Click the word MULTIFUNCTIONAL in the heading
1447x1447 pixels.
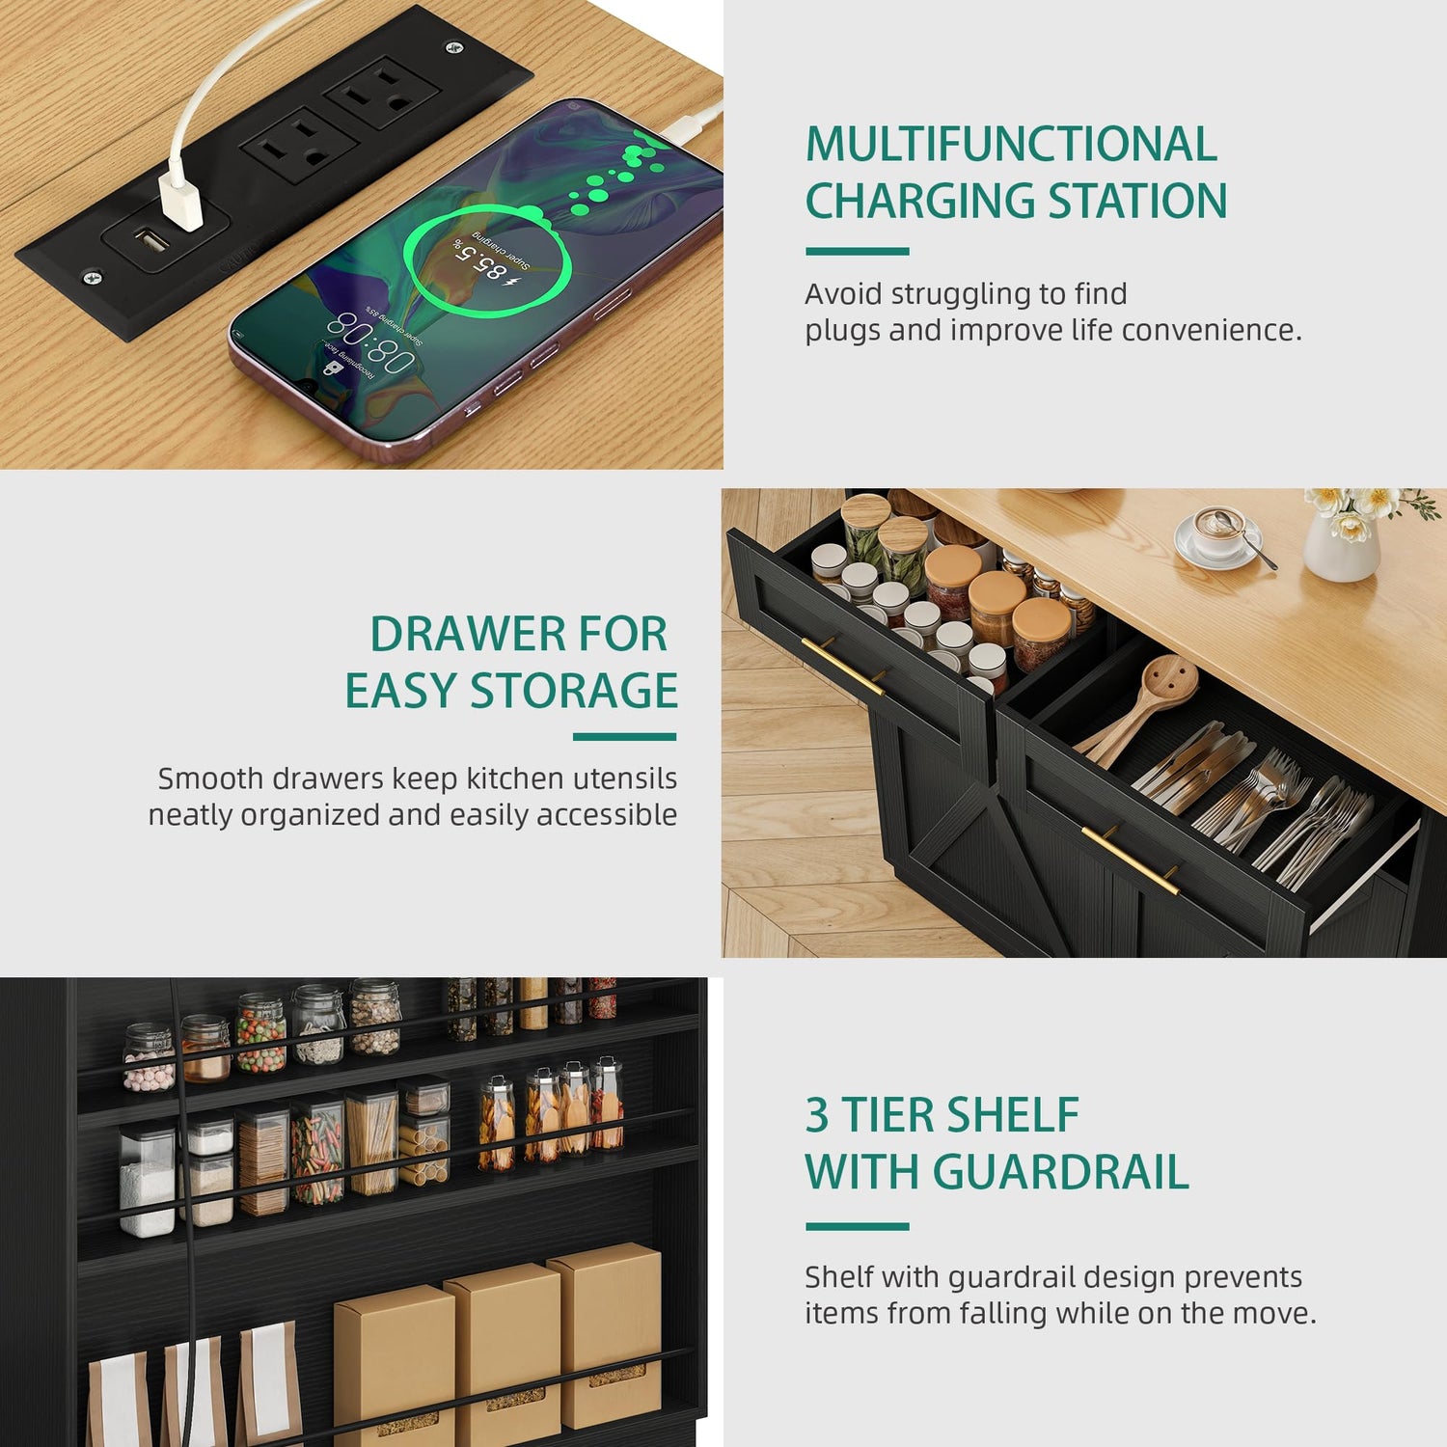1011,145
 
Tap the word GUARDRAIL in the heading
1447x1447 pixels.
1061,1172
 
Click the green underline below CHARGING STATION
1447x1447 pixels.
858,252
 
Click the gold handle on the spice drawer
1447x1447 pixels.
842,666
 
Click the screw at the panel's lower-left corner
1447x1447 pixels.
92,278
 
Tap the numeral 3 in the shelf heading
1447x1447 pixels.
817,1116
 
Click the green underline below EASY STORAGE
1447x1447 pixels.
624,737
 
